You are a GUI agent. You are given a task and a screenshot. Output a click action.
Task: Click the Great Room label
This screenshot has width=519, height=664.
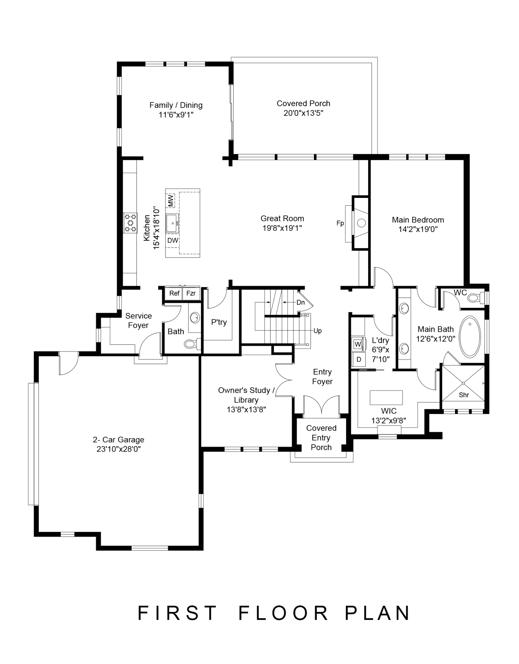(x=282, y=219)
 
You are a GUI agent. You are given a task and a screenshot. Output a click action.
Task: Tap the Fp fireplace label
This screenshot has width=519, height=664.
(x=340, y=223)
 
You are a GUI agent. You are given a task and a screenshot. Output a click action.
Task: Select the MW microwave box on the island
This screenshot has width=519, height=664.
(x=171, y=201)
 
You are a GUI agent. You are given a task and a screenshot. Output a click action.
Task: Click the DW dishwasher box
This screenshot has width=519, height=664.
(x=173, y=241)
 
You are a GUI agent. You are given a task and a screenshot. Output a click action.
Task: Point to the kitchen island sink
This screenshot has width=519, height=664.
(x=172, y=223)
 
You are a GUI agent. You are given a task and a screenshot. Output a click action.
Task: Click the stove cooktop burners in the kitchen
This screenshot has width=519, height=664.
(x=131, y=223)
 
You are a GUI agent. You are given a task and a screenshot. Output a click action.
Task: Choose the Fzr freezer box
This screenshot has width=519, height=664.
(x=191, y=293)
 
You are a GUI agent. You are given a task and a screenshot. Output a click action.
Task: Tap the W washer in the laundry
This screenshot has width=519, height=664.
(x=358, y=344)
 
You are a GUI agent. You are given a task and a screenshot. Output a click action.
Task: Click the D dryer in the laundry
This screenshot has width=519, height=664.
(x=358, y=360)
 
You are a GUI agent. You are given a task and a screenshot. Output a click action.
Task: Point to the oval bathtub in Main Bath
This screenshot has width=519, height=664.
(x=470, y=336)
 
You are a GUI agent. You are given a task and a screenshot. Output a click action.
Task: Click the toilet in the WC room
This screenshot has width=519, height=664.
(x=478, y=297)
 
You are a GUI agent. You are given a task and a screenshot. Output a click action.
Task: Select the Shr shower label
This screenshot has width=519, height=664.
(x=464, y=395)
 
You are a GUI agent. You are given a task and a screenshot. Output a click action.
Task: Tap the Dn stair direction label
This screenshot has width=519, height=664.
(x=301, y=302)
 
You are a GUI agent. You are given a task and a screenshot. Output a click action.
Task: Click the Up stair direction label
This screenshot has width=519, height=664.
(x=317, y=331)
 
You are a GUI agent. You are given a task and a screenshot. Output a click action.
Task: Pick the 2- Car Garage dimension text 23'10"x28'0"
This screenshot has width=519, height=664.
(x=119, y=449)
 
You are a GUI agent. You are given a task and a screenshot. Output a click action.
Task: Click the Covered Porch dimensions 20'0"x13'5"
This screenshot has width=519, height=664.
(x=303, y=113)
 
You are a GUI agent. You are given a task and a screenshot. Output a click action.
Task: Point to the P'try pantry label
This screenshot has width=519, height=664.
(x=219, y=322)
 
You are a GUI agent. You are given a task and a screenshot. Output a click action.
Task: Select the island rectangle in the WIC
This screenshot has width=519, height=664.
(x=386, y=397)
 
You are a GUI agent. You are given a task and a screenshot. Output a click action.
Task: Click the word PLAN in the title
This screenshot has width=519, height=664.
(x=378, y=613)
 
